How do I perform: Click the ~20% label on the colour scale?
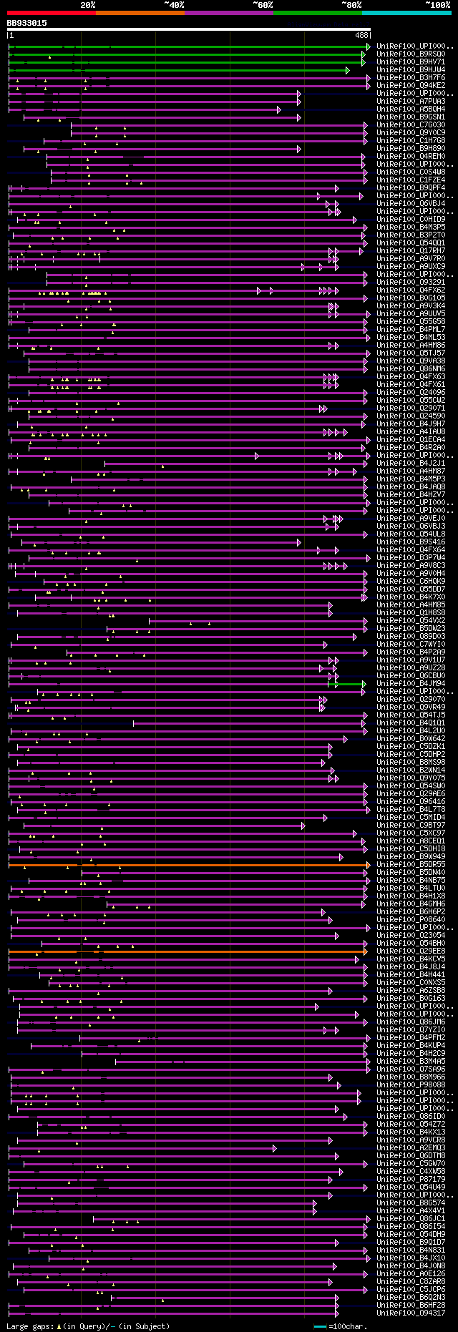pyautogui.click(x=88, y=4)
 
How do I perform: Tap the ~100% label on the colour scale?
pyautogui.click(x=437, y=4)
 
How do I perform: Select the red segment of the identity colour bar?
pyautogui.click(x=51, y=13)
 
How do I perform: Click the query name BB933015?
pyautogui.click(x=26, y=23)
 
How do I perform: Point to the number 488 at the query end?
pyautogui.click(x=361, y=34)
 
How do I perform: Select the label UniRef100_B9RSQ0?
pyautogui.click(x=411, y=54)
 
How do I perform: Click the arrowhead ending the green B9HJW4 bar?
pyautogui.click(x=347, y=70)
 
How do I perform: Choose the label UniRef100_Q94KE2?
pyautogui.click(x=411, y=86)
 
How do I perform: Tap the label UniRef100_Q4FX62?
pyautogui.click(x=411, y=290)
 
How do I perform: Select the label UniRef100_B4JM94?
pyautogui.click(x=411, y=684)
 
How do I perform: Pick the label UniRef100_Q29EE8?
pyautogui.click(x=411, y=951)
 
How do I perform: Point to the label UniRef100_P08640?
pyautogui.click(x=411, y=920)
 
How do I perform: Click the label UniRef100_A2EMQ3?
pyautogui.click(x=411, y=1148)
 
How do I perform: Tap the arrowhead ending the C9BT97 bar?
pyautogui.click(x=303, y=826)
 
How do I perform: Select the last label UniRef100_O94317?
pyautogui.click(x=411, y=1313)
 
